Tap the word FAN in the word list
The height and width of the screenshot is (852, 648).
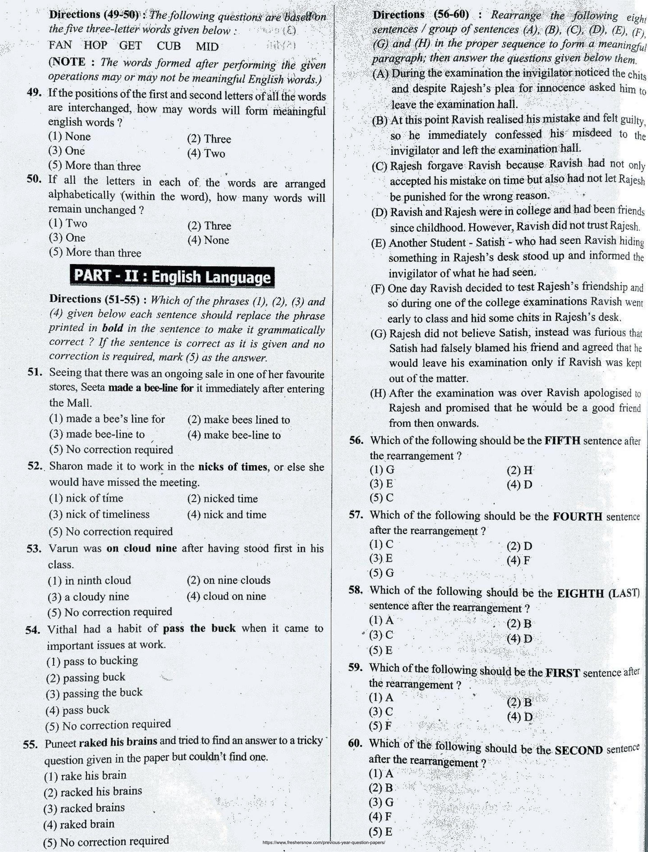(60, 45)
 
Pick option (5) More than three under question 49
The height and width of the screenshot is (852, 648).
(95, 166)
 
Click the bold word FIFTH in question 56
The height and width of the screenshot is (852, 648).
(562, 441)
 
